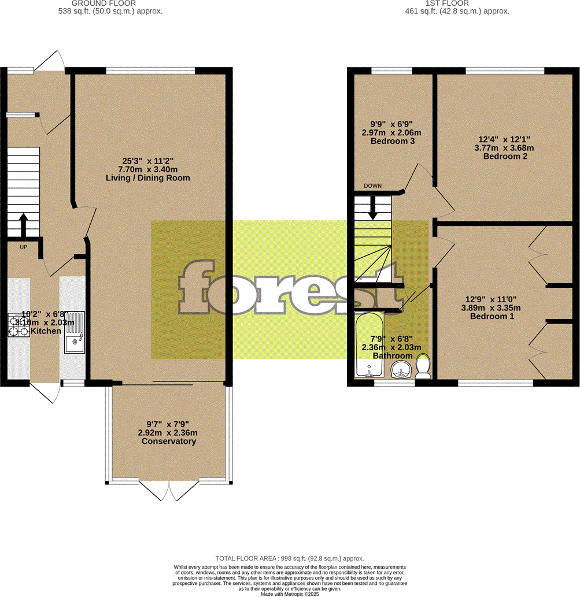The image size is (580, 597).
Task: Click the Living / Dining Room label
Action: tap(148, 178)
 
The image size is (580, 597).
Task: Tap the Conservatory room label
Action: tap(169, 442)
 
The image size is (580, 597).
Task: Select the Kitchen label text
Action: tap(46, 331)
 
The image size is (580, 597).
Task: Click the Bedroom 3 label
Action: tap(393, 141)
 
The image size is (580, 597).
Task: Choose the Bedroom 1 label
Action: tap(492, 317)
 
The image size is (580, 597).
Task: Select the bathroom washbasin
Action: tap(401, 370)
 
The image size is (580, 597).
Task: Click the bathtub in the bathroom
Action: tap(368, 347)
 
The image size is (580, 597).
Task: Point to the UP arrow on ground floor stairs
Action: tap(23, 226)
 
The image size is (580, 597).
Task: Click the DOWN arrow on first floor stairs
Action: tap(373, 207)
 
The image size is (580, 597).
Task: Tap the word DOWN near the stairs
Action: tap(373, 186)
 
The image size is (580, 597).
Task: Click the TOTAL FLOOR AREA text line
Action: tap(290, 558)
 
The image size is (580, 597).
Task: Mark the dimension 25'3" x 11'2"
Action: tap(148, 161)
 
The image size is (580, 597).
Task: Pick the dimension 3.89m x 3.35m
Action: tap(492, 308)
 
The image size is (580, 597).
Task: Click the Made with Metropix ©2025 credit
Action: tap(290, 594)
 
